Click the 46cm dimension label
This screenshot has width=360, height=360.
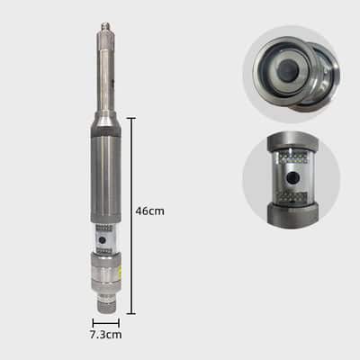[149, 211]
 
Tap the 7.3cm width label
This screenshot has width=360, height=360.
[106, 335]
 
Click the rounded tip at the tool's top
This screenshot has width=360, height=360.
[105, 25]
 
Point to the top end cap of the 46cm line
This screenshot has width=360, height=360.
[131, 119]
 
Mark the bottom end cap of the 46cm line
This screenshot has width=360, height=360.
[131, 314]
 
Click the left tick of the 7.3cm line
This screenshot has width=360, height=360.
[94, 323]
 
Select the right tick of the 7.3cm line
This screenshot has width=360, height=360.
[119, 323]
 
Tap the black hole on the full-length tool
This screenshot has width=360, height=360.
[102, 240]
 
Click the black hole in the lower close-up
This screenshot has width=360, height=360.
[292, 178]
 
